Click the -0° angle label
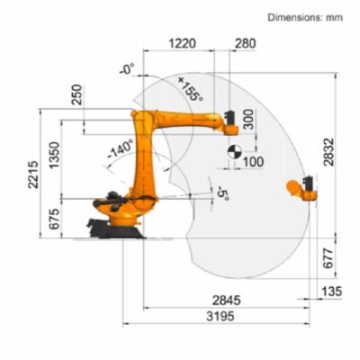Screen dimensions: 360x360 pyautogui.click(x=125, y=68)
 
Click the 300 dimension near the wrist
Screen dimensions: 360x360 pyautogui.click(x=248, y=120)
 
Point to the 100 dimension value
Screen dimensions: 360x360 pyautogui.click(x=253, y=162)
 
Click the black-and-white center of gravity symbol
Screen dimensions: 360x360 pyautogui.click(x=233, y=150)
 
